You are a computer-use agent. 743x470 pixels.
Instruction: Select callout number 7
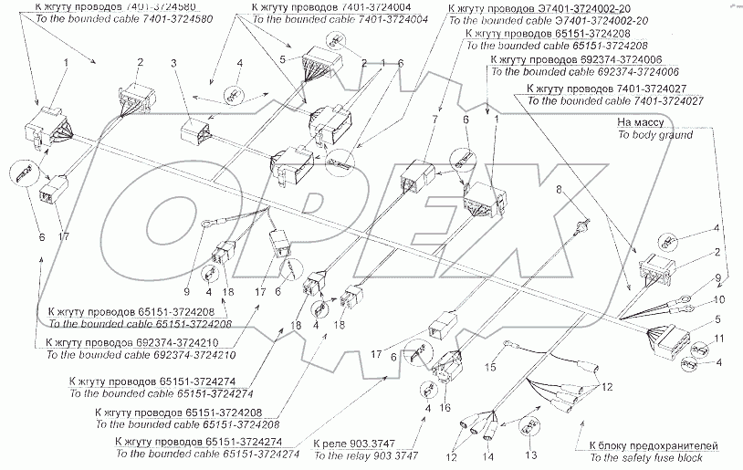pos(435,119)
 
